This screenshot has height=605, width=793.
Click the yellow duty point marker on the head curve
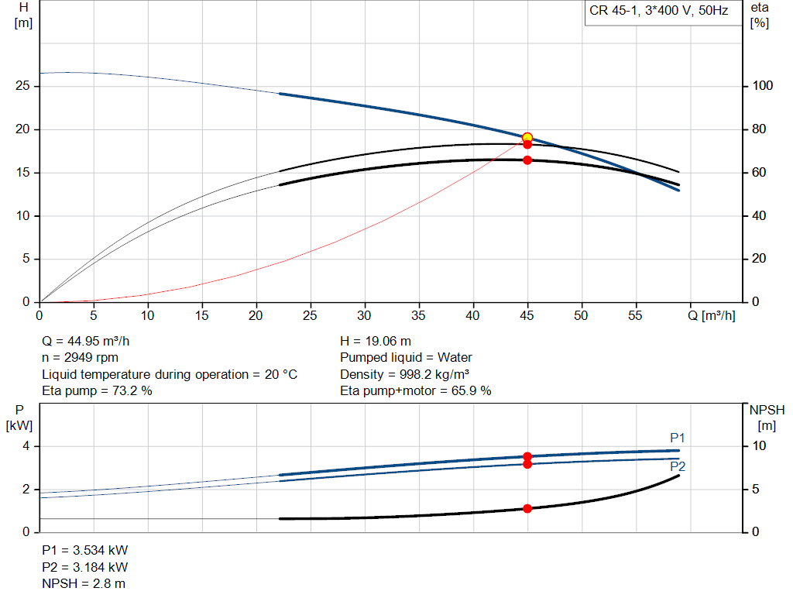point(527,138)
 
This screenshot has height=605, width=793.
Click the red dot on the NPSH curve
point(527,509)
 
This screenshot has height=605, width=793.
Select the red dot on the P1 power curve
point(527,456)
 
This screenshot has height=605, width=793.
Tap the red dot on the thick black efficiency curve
point(527,160)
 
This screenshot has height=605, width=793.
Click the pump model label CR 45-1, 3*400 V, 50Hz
point(658,12)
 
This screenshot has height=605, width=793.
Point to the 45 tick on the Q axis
point(527,316)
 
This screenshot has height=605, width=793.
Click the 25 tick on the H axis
point(22,86)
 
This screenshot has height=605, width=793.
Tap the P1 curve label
point(678,438)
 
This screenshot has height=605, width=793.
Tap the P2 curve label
point(678,466)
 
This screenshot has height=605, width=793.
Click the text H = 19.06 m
point(376,341)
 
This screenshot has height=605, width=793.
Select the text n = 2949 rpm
point(80,358)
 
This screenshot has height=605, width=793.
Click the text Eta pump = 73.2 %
point(97,391)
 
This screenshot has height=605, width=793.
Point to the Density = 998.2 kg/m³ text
point(403,374)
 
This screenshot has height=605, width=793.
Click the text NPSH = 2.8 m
point(84,583)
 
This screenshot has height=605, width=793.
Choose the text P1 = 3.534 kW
point(84,550)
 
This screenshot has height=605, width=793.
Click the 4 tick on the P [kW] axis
point(26,446)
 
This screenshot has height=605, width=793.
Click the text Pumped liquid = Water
point(406,358)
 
